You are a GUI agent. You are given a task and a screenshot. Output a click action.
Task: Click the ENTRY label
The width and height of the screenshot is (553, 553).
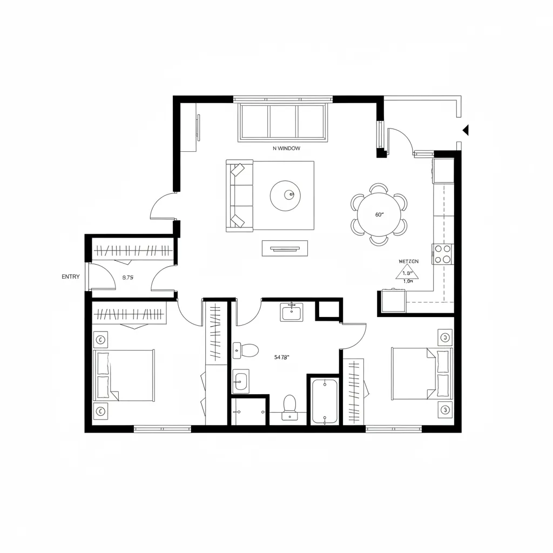point(71,276)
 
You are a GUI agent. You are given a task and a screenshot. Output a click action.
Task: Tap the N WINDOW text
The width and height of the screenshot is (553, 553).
point(287,148)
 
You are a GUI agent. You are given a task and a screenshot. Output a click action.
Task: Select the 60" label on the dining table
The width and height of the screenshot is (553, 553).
point(379,214)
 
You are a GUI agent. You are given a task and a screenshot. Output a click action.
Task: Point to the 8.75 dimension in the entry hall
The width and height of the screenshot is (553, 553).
point(128,278)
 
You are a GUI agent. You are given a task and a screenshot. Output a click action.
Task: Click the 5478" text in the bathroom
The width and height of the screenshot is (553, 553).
point(282,357)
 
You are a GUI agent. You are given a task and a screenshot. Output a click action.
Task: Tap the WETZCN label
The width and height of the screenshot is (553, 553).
point(408,261)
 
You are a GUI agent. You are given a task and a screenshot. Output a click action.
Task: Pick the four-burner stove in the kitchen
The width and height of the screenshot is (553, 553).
point(443,254)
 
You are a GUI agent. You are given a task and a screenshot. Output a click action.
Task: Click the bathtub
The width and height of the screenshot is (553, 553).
point(325,401)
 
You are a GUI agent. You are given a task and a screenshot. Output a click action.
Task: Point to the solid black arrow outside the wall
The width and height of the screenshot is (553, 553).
point(466,130)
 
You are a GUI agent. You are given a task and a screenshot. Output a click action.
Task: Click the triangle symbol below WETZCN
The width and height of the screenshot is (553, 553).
point(407,274)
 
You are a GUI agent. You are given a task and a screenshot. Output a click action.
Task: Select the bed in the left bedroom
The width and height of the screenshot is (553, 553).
point(124,375)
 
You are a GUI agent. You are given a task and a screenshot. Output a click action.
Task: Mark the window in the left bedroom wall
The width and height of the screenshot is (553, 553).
point(162,429)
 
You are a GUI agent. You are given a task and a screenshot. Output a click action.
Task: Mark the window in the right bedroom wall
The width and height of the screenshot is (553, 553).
point(393,429)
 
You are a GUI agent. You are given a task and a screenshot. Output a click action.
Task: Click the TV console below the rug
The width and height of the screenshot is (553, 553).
point(285,248)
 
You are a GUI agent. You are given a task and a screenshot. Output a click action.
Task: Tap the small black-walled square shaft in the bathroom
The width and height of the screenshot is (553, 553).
point(328,310)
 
